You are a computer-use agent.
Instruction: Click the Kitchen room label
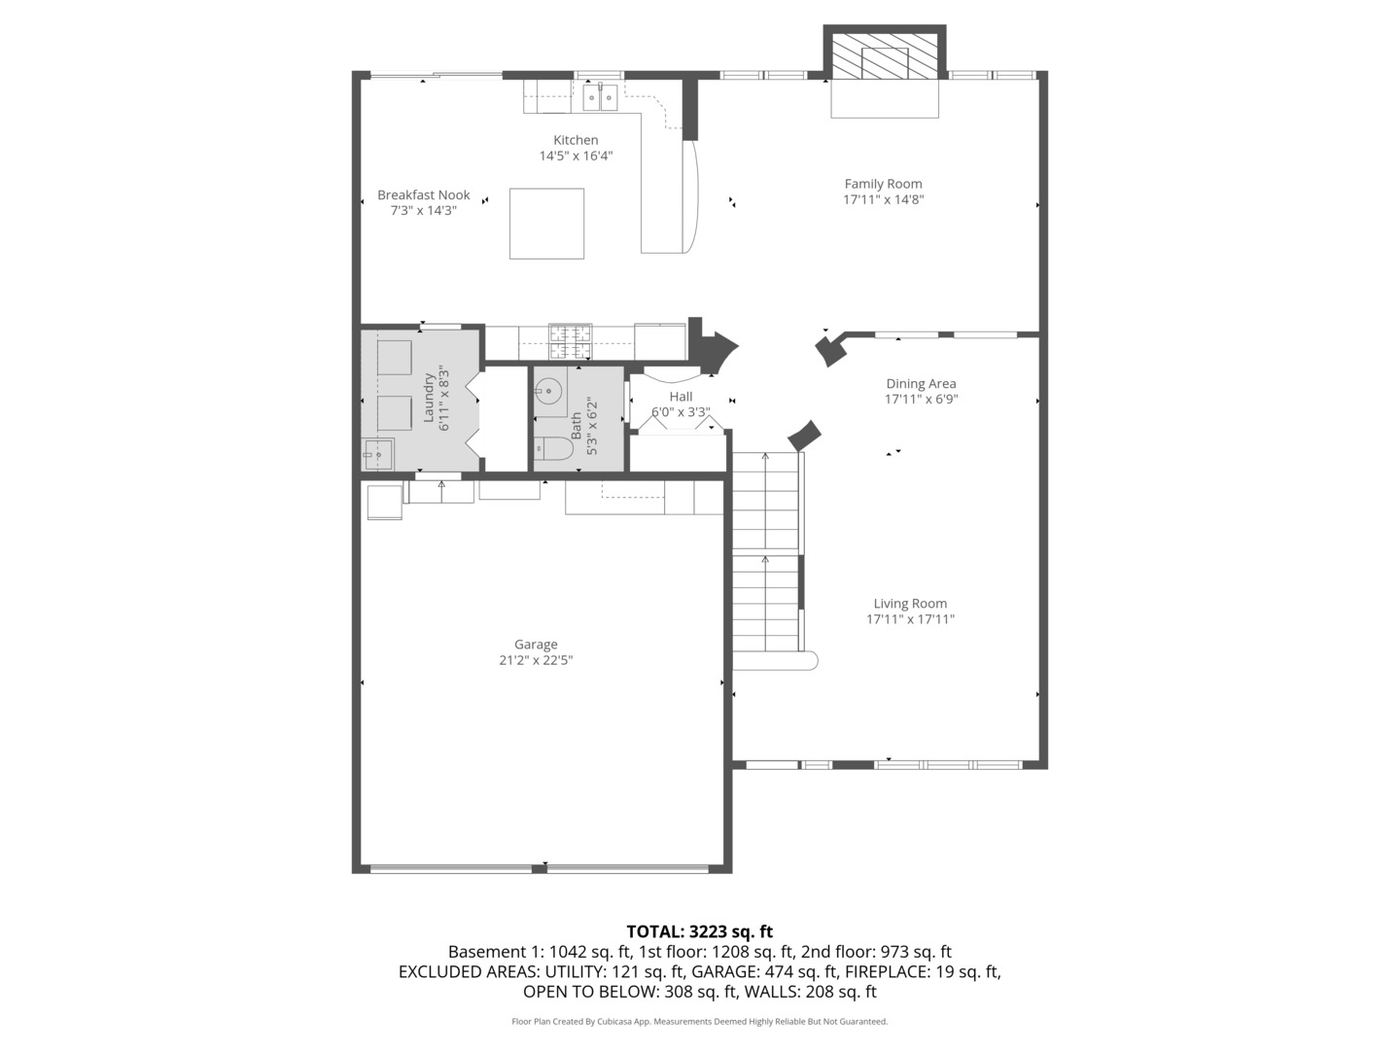coord(576,140)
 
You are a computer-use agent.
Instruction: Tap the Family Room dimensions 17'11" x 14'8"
coord(884,199)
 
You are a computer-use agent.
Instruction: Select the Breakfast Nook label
coord(424,195)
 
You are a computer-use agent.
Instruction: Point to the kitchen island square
coord(546,224)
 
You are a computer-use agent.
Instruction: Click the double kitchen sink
coord(600,97)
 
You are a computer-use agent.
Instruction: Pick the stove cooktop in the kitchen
coord(570,341)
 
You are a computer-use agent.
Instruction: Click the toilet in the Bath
coord(553,448)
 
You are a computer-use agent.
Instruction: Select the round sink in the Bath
coord(548,388)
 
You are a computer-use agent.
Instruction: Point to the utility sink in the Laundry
coord(377,455)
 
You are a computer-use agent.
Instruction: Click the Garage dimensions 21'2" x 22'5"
coord(536,660)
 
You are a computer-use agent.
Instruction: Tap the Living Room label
coord(910,603)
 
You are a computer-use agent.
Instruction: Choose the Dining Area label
coord(921,384)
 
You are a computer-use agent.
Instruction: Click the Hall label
coord(681,397)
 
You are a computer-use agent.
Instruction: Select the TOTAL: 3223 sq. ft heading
coord(700,932)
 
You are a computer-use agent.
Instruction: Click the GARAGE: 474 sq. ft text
coord(765,971)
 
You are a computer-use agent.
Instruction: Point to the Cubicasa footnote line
coord(700,1021)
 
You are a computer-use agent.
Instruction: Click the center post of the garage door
coord(540,867)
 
